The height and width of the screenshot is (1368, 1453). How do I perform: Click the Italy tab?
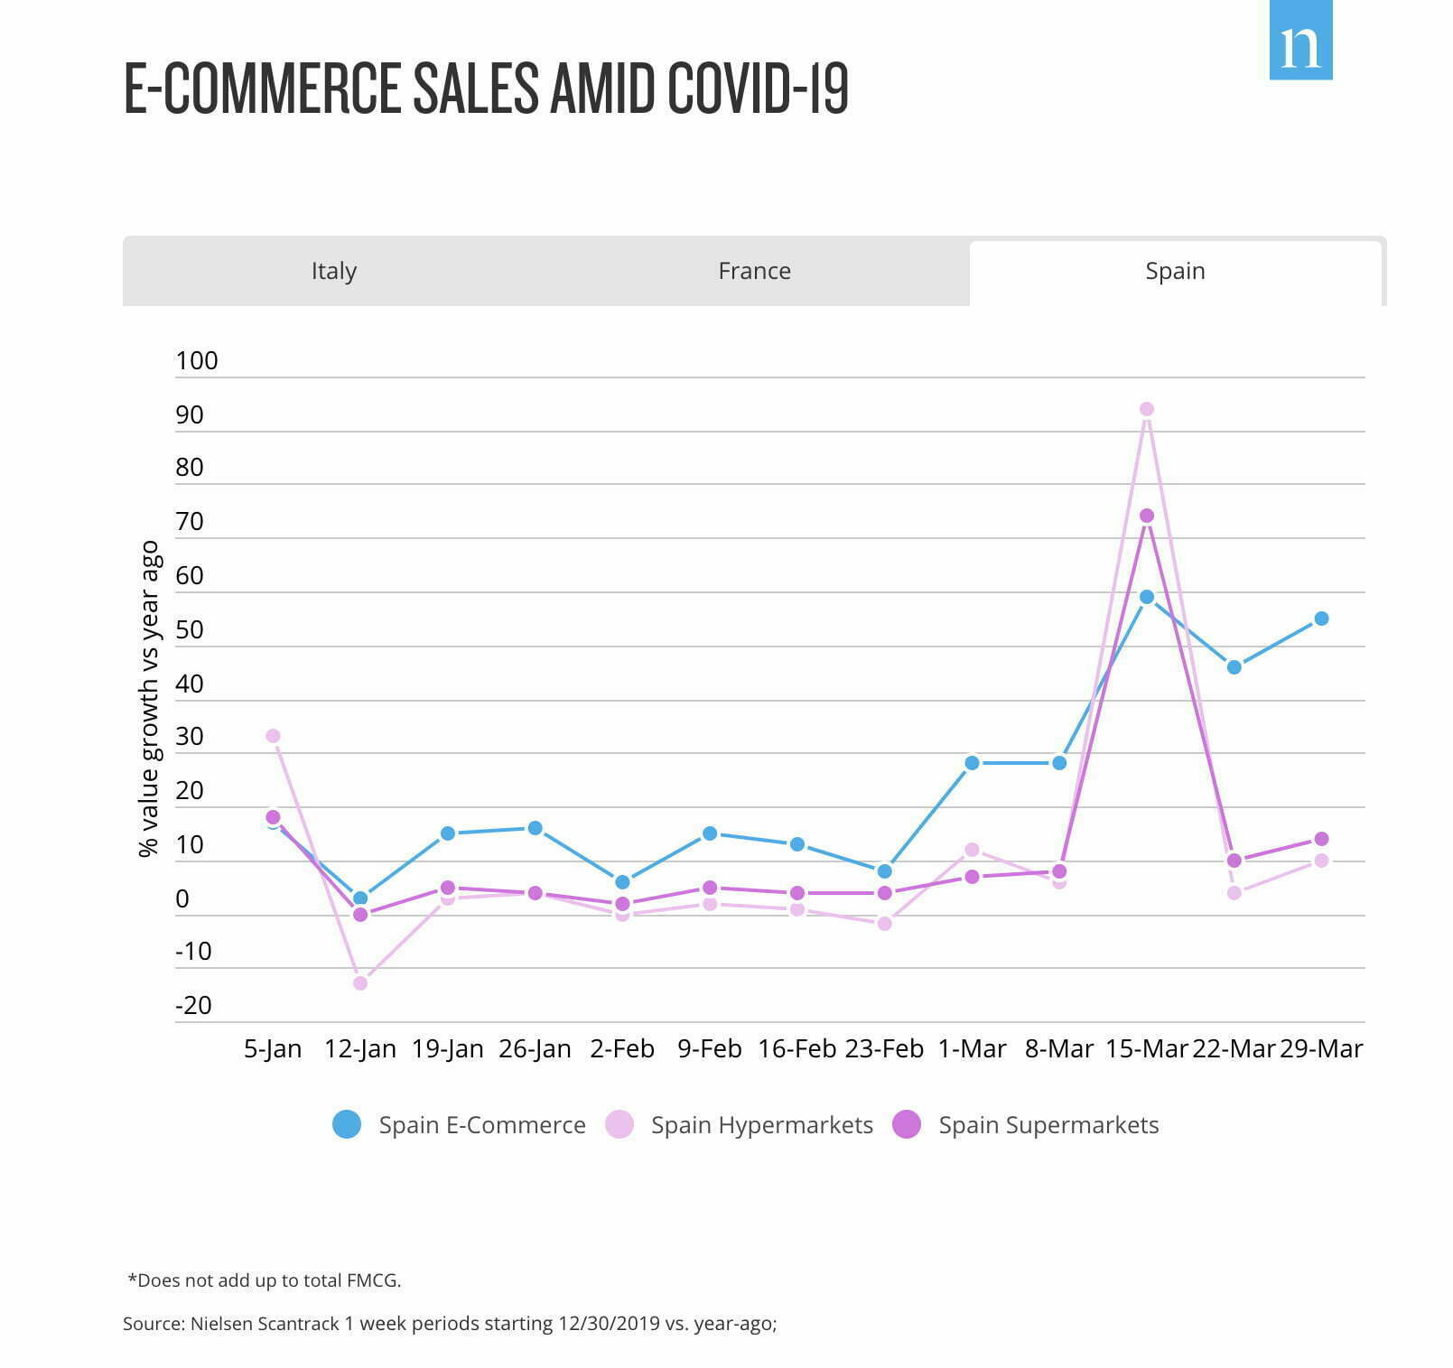(334, 271)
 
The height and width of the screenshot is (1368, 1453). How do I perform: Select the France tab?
(754, 271)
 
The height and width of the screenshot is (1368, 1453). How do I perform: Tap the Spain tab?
(1175, 271)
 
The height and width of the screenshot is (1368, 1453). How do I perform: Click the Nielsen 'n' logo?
(1300, 41)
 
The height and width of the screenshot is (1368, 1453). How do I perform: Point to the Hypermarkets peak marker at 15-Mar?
(1147, 409)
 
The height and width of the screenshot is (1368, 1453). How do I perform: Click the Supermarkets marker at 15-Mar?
(1147, 516)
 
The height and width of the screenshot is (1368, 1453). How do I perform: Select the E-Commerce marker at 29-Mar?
(1321, 619)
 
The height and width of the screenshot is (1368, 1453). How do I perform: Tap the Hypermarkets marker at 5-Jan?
(273, 736)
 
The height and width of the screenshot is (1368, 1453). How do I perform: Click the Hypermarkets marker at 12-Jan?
(360, 982)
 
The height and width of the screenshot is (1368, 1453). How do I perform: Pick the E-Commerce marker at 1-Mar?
(972, 763)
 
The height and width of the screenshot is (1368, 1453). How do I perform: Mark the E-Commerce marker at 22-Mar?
(1234, 667)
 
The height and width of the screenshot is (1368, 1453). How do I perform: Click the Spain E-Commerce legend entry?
(459, 1125)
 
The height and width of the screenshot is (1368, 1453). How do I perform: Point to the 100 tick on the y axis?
(197, 361)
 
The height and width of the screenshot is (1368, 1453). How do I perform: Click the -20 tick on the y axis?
(193, 1005)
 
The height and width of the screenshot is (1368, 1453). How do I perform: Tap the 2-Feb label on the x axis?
(622, 1049)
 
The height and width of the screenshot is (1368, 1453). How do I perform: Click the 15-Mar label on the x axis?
(1147, 1049)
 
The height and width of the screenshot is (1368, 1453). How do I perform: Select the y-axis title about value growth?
(149, 698)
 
